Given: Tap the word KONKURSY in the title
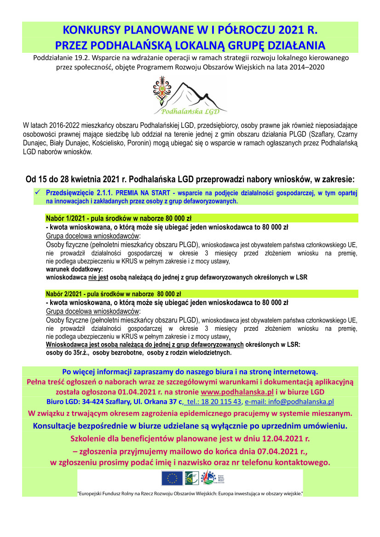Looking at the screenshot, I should coord(89,31).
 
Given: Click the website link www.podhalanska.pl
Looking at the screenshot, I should coord(237,391).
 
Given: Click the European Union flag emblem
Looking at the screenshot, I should coord(172,479).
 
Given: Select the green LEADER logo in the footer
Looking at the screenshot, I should coord(190,479).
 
